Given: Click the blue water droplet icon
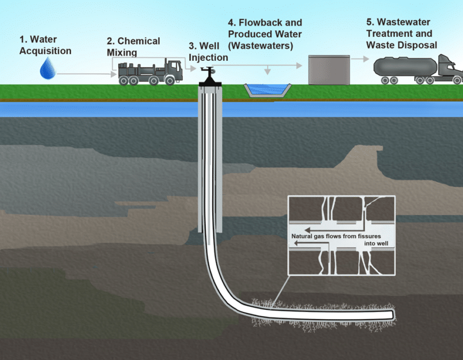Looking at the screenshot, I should point(47,70).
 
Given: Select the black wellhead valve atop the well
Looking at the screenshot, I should point(209,75).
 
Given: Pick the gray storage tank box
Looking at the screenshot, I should point(329,69).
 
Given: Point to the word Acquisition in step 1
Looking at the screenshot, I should point(45,51).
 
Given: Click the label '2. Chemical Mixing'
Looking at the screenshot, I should point(133,46).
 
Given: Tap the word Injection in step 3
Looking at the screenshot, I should point(209,57).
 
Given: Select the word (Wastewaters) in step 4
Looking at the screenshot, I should point(260,45).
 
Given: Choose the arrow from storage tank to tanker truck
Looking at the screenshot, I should point(359,59).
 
